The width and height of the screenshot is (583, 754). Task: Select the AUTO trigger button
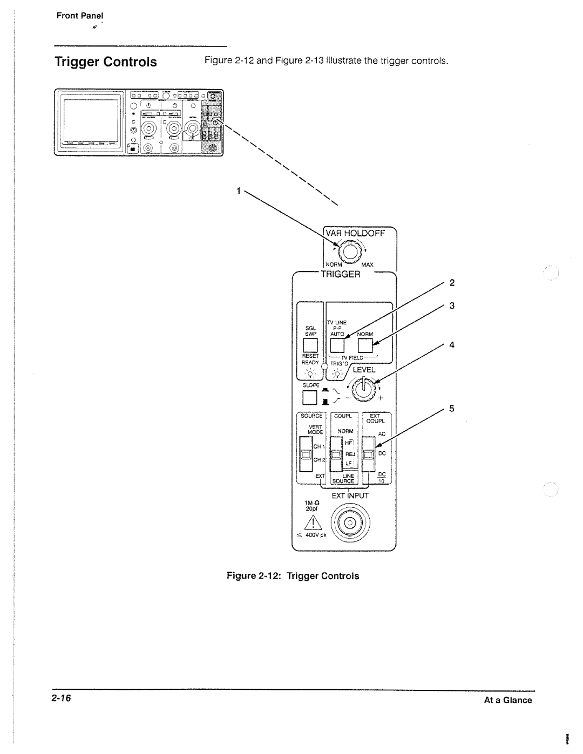click(x=337, y=344)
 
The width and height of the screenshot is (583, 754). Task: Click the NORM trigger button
click(x=365, y=344)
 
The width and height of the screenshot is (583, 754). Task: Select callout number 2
click(x=452, y=283)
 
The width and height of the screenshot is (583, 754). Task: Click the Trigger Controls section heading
click(x=106, y=62)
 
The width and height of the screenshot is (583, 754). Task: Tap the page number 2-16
click(x=62, y=699)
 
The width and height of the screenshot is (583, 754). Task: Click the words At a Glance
click(x=509, y=700)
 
